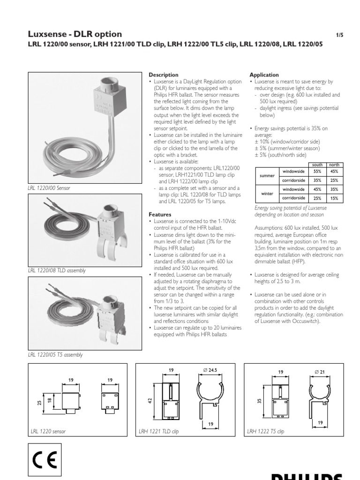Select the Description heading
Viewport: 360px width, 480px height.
[163, 75]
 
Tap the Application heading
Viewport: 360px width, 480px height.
[264, 75]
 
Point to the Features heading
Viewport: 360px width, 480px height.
[160, 214]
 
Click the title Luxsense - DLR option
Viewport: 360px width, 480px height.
[75, 34]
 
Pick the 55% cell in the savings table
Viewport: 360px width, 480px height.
[317, 172]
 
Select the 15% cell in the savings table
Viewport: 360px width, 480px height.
[334, 198]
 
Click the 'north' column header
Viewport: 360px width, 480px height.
[334, 165]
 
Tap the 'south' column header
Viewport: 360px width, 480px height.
[317, 165]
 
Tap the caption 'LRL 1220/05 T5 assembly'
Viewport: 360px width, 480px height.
[56, 354]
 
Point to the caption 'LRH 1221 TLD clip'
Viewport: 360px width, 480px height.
[159, 431]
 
